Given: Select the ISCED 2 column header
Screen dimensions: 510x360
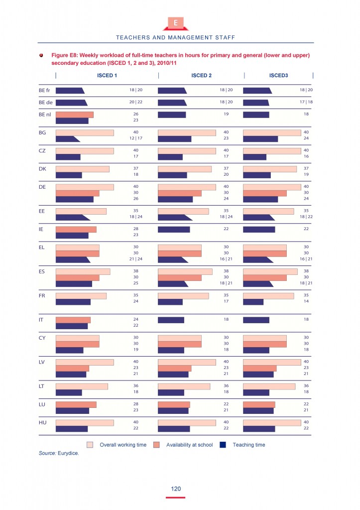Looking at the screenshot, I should [x=202, y=76].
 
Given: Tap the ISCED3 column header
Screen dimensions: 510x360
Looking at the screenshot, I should [x=279, y=76].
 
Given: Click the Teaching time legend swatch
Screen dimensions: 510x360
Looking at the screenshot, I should [x=224, y=445].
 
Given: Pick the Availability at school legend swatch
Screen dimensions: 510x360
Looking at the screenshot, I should [x=157, y=445].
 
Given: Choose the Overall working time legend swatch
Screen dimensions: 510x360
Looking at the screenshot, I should [x=90, y=445].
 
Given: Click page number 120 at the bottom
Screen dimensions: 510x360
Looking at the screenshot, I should [x=176, y=489].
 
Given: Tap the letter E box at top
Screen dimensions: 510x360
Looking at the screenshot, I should [x=175, y=23].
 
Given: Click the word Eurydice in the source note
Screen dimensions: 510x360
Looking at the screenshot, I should [x=68, y=453].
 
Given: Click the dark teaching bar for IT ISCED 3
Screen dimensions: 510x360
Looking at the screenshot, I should [x=256, y=320].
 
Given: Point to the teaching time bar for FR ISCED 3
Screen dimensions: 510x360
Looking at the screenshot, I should [x=253, y=302].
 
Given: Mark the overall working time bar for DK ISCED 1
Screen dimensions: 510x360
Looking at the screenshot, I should [x=82, y=169].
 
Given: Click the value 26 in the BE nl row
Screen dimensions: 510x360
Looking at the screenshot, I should [x=136, y=114].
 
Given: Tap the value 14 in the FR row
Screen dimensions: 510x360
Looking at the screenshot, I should [x=306, y=301].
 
